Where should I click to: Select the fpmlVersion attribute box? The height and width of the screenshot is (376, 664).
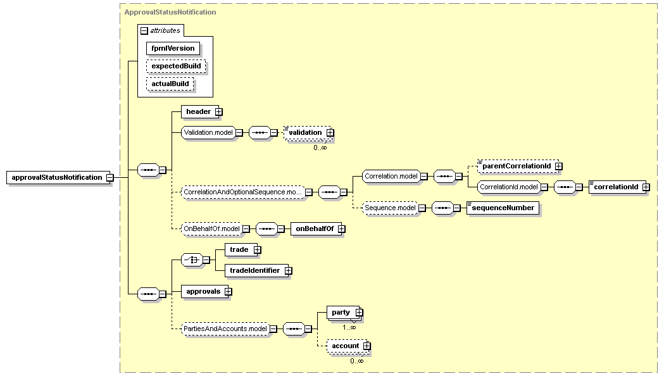[x=173, y=48]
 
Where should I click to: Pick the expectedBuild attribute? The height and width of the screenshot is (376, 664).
[x=176, y=66]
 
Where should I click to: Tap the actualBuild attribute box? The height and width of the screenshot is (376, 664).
[x=170, y=84]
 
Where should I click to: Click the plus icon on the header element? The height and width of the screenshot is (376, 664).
[x=218, y=112]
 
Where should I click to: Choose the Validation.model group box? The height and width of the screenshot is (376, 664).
[x=208, y=132]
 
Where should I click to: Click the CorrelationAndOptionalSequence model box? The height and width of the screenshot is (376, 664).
[x=243, y=192]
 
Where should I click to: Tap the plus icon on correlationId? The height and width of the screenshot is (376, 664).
[x=646, y=187]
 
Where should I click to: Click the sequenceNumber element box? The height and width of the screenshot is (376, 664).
[x=503, y=208]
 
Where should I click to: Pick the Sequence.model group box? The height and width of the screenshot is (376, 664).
[x=390, y=208]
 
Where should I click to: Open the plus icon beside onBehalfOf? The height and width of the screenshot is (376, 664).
[x=341, y=229]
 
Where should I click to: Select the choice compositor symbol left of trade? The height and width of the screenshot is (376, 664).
[x=192, y=260]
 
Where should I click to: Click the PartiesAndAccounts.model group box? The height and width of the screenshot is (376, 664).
[x=225, y=329]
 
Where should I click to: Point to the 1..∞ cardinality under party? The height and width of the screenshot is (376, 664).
[x=349, y=327]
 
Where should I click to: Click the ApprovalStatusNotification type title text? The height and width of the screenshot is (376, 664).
[x=170, y=12]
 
